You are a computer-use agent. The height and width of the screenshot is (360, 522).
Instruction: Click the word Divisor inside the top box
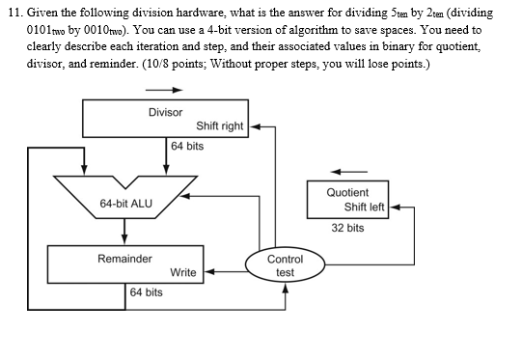(165, 113)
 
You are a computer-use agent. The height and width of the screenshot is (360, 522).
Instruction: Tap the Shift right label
(220, 126)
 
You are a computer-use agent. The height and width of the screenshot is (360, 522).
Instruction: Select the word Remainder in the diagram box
(124, 259)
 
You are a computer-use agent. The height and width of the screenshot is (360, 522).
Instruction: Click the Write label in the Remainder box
(183, 273)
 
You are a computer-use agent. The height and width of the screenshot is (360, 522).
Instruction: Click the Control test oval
(286, 265)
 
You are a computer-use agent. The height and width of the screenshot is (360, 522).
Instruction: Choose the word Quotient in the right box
(347, 192)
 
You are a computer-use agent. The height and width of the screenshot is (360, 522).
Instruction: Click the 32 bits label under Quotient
(347, 228)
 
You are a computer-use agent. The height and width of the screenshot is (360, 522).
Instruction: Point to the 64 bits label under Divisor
(187, 146)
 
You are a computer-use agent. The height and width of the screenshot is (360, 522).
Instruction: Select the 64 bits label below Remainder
(147, 291)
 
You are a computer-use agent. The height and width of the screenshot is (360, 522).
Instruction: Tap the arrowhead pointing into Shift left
(395, 207)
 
